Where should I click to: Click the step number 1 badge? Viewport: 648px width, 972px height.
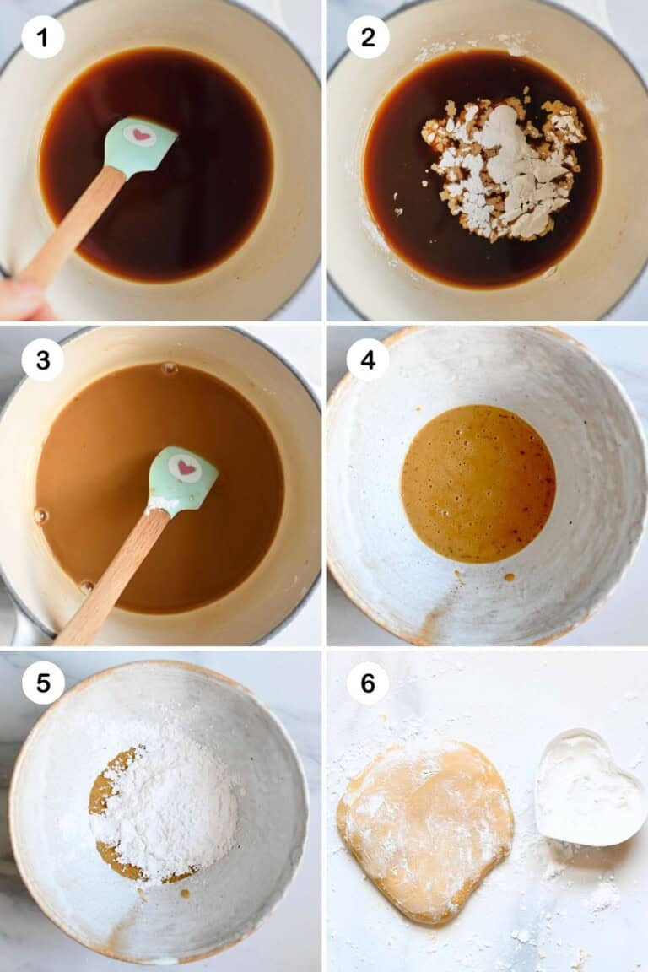[43, 37]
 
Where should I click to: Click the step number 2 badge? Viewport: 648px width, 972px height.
[368, 37]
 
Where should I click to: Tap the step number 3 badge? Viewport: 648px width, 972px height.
[43, 360]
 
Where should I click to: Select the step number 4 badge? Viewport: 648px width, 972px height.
[368, 360]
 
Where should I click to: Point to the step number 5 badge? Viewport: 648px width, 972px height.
[43, 683]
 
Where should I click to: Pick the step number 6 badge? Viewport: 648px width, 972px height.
[368, 683]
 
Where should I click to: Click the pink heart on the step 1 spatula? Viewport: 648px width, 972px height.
[140, 136]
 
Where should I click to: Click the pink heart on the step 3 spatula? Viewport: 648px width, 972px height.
[185, 467]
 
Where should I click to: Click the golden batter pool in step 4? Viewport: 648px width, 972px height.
[478, 483]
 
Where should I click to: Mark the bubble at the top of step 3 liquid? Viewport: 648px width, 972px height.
[169, 369]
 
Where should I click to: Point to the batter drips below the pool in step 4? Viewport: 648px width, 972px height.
[507, 578]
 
